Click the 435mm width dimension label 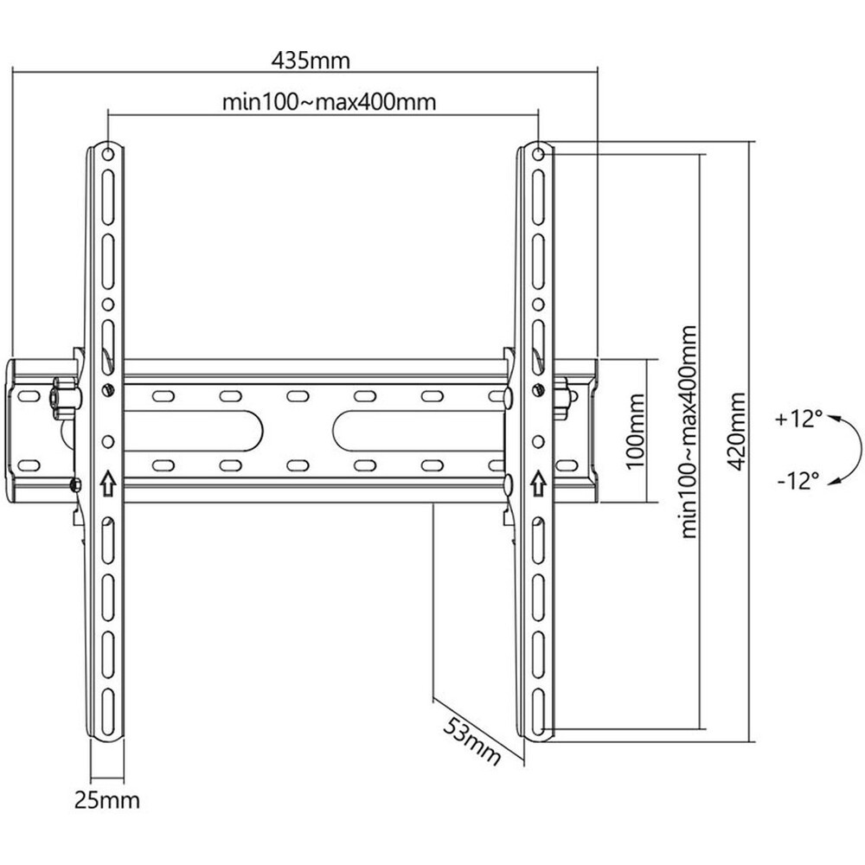pyautogui.click(x=311, y=61)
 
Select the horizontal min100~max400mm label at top pyautogui.click(x=330, y=102)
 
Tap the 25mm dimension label pyautogui.click(x=107, y=800)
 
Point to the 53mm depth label pyautogui.click(x=472, y=741)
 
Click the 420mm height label pyautogui.click(x=736, y=432)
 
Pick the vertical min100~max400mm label pyautogui.click(x=689, y=432)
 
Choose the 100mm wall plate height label pyautogui.click(x=636, y=430)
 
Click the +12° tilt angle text pyautogui.click(x=798, y=420)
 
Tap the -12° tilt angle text pyautogui.click(x=798, y=480)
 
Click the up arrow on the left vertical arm pyautogui.click(x=107, y=484)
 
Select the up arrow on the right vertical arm pyautogui.click(x=538, y=484)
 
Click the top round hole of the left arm pyautogui.click(x=108, y=153)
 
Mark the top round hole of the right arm pyautogui.click(x=538, y=153)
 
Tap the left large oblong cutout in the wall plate pyautogui.click(x=193, y=430)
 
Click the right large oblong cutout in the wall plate pyautogui.click(x=420, y=430)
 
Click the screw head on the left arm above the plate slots pyautogui.click(x=108, y=390)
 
